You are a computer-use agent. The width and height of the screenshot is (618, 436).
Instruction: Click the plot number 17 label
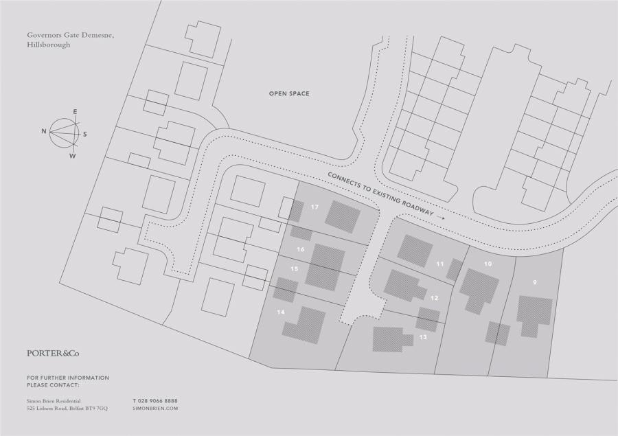tap(314, 207)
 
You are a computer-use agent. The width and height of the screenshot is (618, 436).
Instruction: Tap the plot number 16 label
tap(300, 249)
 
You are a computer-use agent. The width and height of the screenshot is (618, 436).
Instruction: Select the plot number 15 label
tap(294, 268)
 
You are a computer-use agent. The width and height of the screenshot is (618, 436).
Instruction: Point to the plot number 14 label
tap(280, 312)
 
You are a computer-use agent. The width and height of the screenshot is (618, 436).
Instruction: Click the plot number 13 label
tap(422, 337)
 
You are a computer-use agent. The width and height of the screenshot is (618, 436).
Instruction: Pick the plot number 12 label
tap(434, 298)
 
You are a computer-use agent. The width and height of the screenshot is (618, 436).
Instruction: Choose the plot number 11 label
tap(439, 263)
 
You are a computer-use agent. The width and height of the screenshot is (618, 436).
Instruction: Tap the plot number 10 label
tap(488, 264)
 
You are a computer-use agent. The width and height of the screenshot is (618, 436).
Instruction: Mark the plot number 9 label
tap(534, 282)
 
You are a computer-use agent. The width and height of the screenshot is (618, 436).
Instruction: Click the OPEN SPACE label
tap(289, 93)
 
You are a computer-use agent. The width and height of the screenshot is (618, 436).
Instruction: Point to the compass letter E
tap(75, 111)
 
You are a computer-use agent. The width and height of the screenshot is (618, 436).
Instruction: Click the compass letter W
tap(72, 156)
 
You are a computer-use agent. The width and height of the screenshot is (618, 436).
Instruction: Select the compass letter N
tap(43, 130)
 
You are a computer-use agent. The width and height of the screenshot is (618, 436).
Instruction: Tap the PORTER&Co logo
tap(53, 353)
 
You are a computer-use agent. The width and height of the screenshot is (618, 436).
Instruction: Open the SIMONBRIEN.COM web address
tap(154, 408)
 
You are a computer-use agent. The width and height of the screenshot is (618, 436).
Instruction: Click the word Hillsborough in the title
tap(48, 45)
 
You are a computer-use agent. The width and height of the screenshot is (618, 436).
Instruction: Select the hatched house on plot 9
tap(534, 313)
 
